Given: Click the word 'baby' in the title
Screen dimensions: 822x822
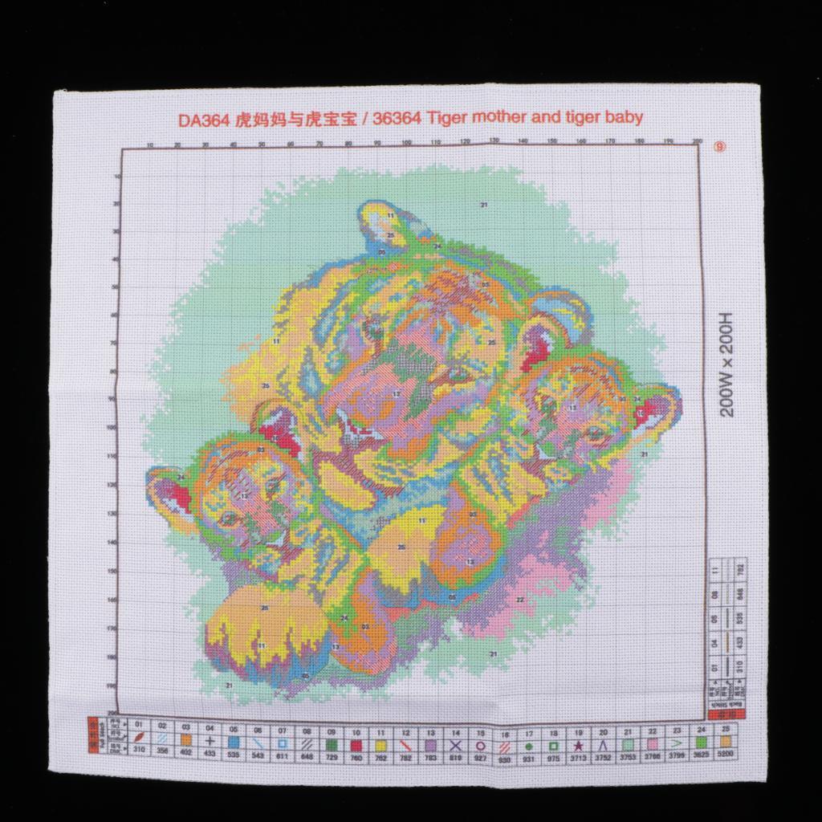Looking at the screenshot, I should pyautogui.click(x=624, y=118).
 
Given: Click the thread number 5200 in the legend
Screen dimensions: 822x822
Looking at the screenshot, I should pyautogui.click(x=726, y=755).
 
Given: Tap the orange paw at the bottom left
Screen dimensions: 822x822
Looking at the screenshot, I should pyautogui.click(x=241, y=622).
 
